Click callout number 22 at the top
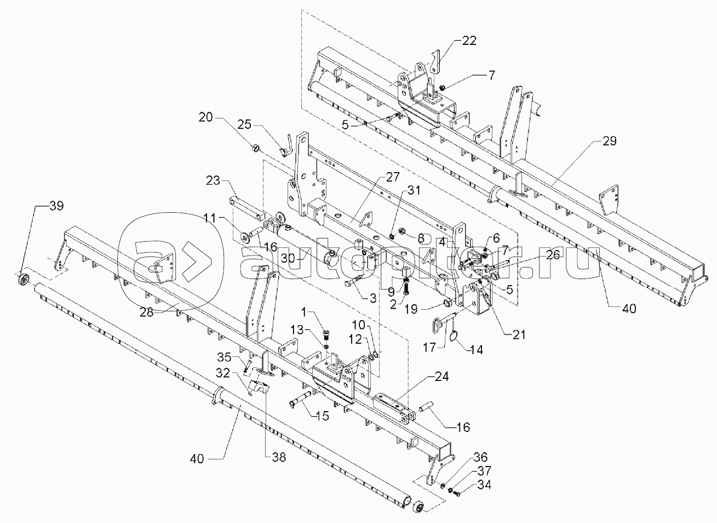pyautogui.click(x=468, y=41)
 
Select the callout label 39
pyautogui.click(x=56, y=206)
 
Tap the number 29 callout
pyautogui.click(x=609, y=141)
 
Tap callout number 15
pyautogui.click(x=322, y=416)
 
